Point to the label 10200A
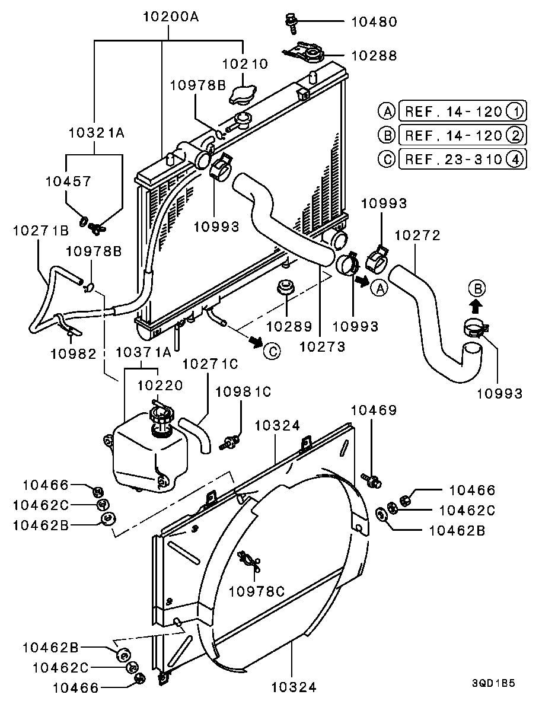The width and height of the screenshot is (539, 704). pos(170,17)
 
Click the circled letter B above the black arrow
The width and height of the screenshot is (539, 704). pos(477,289)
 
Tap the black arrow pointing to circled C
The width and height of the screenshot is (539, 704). pos(256,342)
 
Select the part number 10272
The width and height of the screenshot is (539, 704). pos(417,235)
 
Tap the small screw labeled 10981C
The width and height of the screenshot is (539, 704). pos(230,441)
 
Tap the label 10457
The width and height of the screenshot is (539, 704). pos(68,181)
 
